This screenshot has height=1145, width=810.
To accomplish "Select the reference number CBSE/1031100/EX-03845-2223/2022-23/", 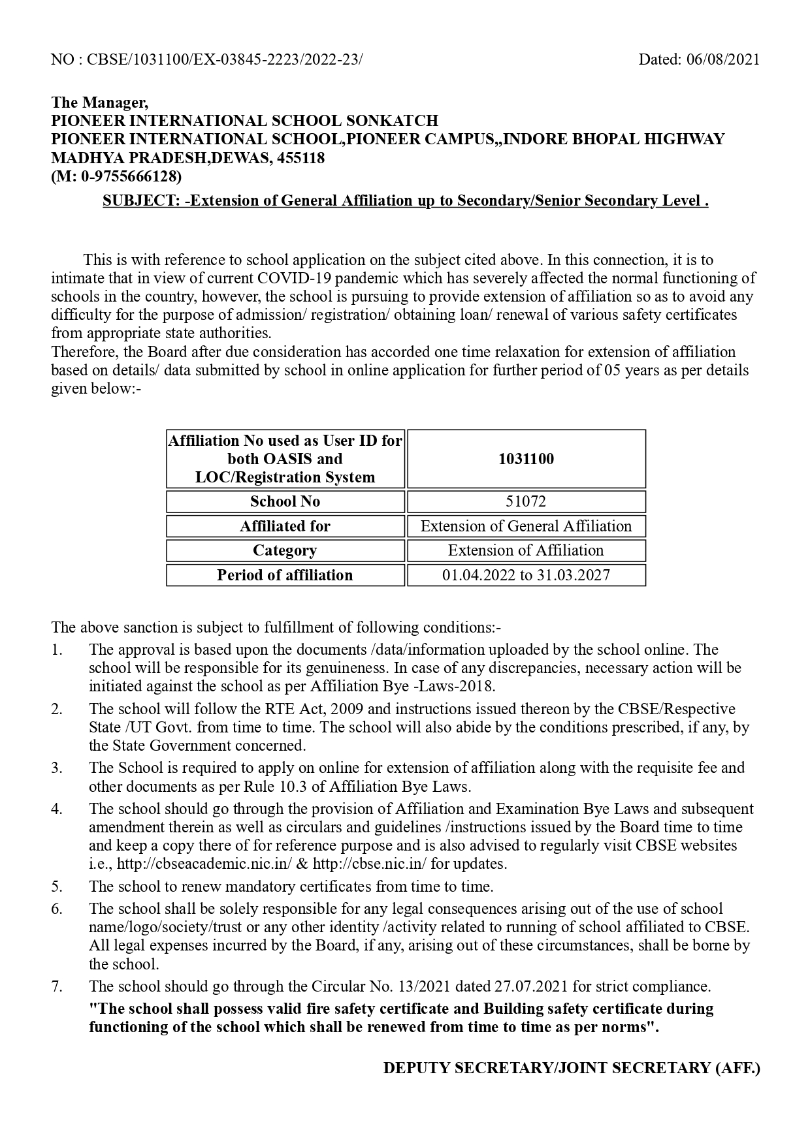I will pyautogui.click(x=224, y=59).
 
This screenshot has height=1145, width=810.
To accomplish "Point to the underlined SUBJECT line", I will pyautogui.click(x=405, y=200).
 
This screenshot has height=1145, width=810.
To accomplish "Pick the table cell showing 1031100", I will pyautogui.click(x=526, y=459).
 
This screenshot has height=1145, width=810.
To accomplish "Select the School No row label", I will pyautogui.click(x=285, y=501).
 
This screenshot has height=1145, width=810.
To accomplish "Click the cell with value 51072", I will pyautogui.click(x=526, y=501).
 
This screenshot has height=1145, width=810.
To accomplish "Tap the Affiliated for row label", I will pyautogui.click(x=285, y=526).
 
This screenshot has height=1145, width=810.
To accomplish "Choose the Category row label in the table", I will pyautogui.click(x=285, y=550).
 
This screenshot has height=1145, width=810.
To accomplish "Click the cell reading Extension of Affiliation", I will pyautogui.click(x=526, y=550).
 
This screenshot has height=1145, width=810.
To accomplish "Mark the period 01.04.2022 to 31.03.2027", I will pyautogui.click(x=526, y=575).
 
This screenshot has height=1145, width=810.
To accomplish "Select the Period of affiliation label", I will pyautogui.click(x=285, y=575).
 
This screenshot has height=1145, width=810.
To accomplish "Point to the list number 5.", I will pyautogui.click(x=57, y=886).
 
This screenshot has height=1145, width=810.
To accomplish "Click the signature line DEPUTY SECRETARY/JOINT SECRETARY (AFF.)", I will pyautogui.click(x=572, y=1068).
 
